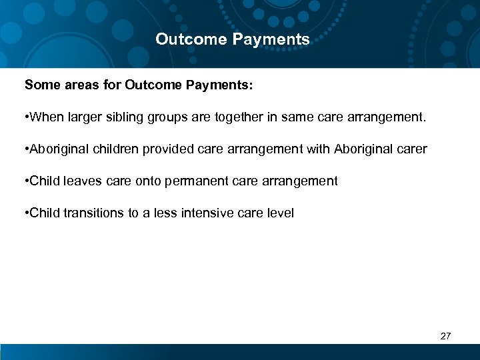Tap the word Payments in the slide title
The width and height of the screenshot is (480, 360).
271,39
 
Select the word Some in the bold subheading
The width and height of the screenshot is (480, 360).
40,85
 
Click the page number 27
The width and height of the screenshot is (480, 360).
446,336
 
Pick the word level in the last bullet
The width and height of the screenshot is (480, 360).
281,213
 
